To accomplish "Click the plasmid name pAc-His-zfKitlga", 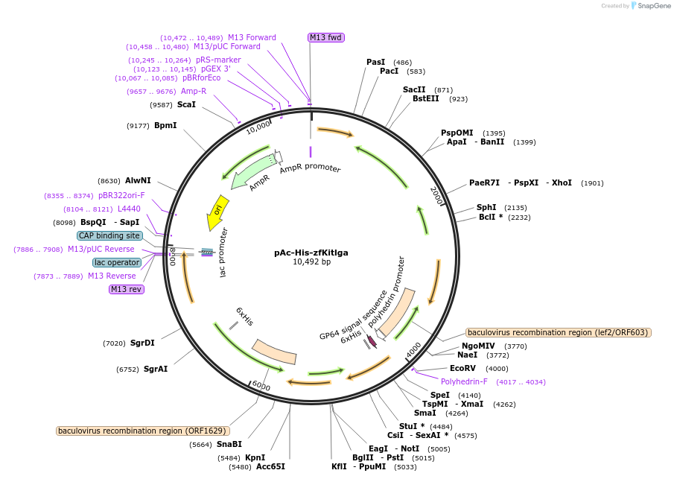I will point(311,253).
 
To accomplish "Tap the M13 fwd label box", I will point(325,37).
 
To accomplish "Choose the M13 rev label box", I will point(127,289).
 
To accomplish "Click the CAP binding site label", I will point(109,235).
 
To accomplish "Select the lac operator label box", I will point(117,262).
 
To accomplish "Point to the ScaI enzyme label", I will point(186,105).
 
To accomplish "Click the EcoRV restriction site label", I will point(462,368).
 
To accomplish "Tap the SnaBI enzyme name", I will point(229,445).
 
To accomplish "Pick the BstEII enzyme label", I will point(426,98).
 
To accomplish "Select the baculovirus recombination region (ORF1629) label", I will point(142,431).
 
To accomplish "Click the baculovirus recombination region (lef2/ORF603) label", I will point(558,332).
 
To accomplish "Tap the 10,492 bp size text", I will point(311,262).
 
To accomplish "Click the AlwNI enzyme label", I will point(138,181).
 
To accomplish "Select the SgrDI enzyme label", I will point(142,343).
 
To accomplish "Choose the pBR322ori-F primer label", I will point(121,195).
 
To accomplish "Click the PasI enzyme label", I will point(376,62).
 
